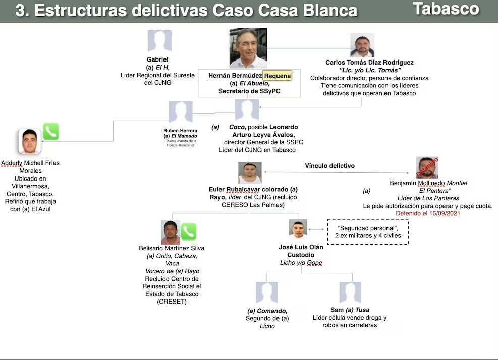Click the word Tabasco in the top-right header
point(446,9)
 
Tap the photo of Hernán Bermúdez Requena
point(248,48)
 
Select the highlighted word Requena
point(278,76)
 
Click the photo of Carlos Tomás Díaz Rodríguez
point(362,46)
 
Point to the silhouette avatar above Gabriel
point(159,41)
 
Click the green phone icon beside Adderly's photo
point(50,132)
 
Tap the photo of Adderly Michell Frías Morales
point(30,141)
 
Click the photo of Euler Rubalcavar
point(250,173)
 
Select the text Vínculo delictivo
point(329,166)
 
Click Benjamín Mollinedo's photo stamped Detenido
point(427,168)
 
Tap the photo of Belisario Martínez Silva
point(171,232)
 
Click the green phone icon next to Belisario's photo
point(188,232)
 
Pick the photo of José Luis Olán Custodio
point(298,229)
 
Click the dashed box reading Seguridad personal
point(368,231)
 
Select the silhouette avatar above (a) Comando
point(266,293)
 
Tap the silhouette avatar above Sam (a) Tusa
point(350,293)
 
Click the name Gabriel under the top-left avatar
point(157,59)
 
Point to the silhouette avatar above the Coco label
point(247,110)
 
